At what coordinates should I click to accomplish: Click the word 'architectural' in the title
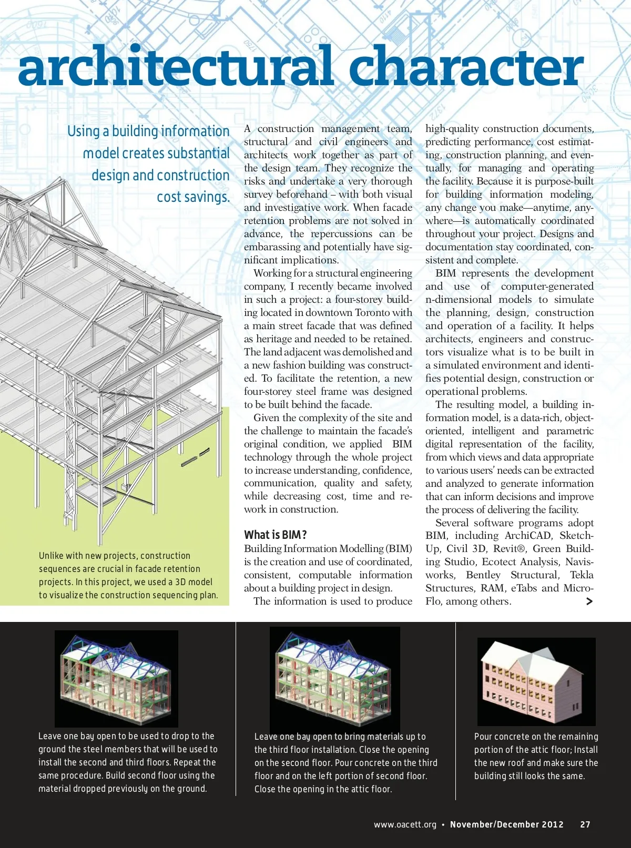(176, 67)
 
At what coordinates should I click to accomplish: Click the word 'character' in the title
(466, 67)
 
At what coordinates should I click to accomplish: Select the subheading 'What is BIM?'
(275, 535)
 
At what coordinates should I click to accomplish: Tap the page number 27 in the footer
(585, 824)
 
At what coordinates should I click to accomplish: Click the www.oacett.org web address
(405, 824)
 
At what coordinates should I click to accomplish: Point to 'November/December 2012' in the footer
(506, 824)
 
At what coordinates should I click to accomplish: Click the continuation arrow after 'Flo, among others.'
(589, 601)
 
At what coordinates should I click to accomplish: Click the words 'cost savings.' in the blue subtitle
(193, 197)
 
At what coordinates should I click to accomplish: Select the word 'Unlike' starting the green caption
(51, 556)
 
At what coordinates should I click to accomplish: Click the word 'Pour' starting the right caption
(483, 737)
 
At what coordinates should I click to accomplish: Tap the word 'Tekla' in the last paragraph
(582, 575)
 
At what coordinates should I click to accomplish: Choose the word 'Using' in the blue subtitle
(83, 131)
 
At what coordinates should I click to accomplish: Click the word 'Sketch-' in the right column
(576, 536)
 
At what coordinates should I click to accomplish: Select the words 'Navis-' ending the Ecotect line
(579, 562)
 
